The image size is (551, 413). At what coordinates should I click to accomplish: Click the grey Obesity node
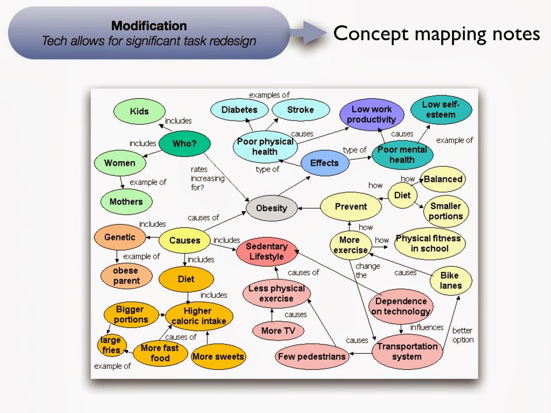point(271,208)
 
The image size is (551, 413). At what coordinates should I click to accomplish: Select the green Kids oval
point(139,111)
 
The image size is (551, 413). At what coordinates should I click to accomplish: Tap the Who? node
point(184,144)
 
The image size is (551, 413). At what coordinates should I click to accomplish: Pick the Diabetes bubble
point(239,110)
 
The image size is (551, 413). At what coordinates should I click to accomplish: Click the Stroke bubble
point(300,110)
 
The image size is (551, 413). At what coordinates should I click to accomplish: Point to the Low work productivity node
point(371,115)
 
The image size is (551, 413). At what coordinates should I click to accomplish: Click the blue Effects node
point(324,163)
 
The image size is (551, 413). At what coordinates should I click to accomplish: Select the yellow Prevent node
point(351,206)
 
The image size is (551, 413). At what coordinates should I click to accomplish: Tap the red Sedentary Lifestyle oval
point(267,251)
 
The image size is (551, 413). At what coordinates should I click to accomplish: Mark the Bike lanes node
point(450,280)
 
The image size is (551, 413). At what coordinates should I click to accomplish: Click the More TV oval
point(278,331)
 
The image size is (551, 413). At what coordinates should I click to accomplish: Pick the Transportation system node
point(407,351)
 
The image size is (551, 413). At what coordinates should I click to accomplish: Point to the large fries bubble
point(111,345)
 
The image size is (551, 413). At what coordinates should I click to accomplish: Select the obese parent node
point(126,275)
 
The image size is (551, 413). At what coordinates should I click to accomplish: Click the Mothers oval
point(126,202)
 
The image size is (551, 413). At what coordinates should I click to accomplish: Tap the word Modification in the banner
point(149,25)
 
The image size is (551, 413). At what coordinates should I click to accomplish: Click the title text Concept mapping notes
point(436,33)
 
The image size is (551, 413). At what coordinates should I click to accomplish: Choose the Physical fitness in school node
point(429,243)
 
